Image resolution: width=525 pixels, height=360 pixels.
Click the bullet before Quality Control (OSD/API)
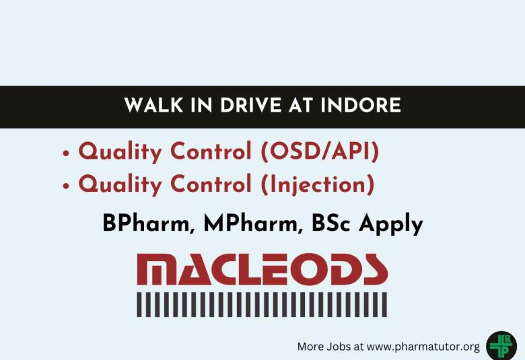click(x=66, y=153)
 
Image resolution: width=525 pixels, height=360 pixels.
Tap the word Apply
click(x=391, y=224)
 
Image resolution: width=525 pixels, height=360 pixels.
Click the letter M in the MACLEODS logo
click(x=159, y=269)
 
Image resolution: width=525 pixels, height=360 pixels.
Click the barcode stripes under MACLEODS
click(x=262, y=304)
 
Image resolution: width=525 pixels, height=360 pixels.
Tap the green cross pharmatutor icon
click(x=500, y=345)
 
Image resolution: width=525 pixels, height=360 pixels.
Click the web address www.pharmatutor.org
click(x=423, y=347)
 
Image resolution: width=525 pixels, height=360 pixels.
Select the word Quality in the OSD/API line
click(x=119, y=152)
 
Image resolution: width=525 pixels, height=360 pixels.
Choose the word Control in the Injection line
click(x=210, y=183)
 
